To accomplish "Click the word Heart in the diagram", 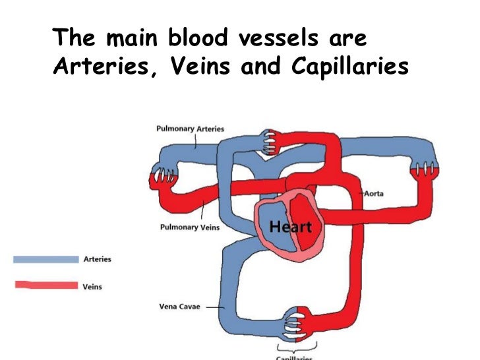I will point(290,227).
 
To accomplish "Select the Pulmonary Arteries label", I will point(190,129).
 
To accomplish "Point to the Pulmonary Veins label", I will point(190,227).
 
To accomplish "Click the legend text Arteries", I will point(98,259).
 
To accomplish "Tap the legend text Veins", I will point(93,286).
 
